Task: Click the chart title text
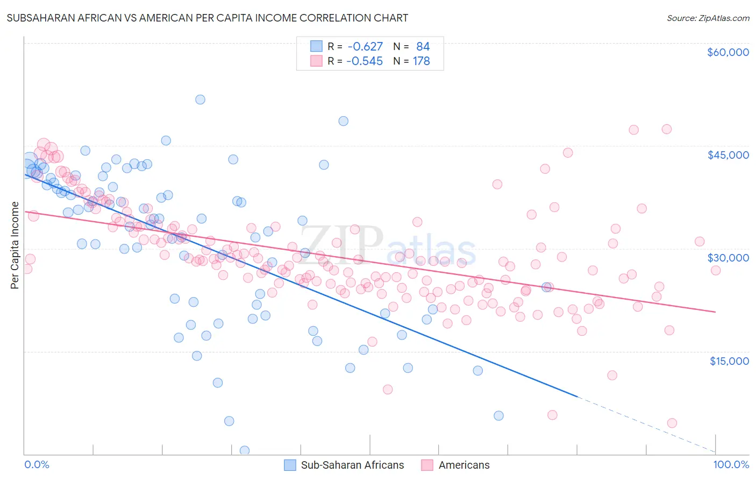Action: click(x=207, y=18)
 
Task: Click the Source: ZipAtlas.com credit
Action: click(x=708, y=18)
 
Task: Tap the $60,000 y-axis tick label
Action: click(x=728, y=52)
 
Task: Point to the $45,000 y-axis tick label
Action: click(x=728, y=155)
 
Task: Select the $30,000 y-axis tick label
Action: click(x=728, y=258)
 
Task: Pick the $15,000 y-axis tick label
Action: click(x=729, y=361)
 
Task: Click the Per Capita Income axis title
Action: click(x=15, y=245)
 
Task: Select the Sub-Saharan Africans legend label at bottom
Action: click(x=352, y=465)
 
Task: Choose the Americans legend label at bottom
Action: click(x=464, y=465)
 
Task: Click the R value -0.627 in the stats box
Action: click(x=365, y=47)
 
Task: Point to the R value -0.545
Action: click(x=365, y=61)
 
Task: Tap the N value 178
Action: click(x=422, y=61)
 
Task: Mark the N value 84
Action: click(x=423, y=47)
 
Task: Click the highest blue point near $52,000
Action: click(x=200, y=100)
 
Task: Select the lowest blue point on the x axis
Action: click(x=245, y=450)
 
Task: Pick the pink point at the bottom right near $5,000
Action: click(x=672, y=423)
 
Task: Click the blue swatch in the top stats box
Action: click(x=316, y=47)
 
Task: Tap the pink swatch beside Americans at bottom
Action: click(x=427, y=465)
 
